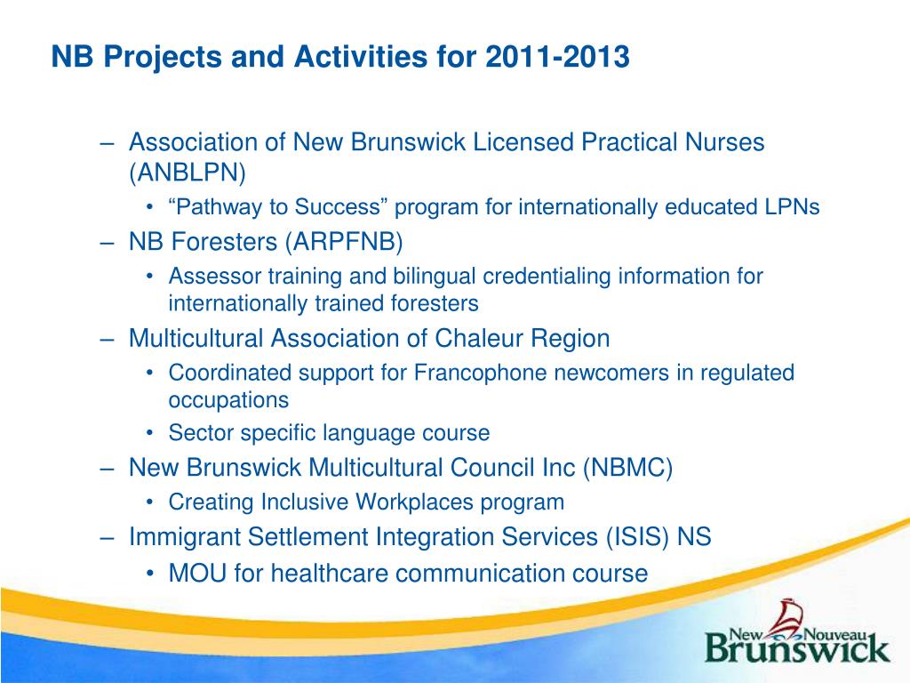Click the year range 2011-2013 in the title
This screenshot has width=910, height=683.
[x=556, y=57]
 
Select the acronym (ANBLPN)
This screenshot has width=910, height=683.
[x=188, y=173]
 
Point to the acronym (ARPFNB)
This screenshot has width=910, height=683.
[x=343, y=242]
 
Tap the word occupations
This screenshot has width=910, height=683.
[x=228, y=401]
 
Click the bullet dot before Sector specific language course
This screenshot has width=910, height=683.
[x=150, y=433]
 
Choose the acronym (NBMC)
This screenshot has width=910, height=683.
[x=627, y=468]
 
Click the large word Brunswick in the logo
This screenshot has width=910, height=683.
[x=797, y=649]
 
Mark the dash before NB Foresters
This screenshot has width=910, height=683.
[x=108, y=243]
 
